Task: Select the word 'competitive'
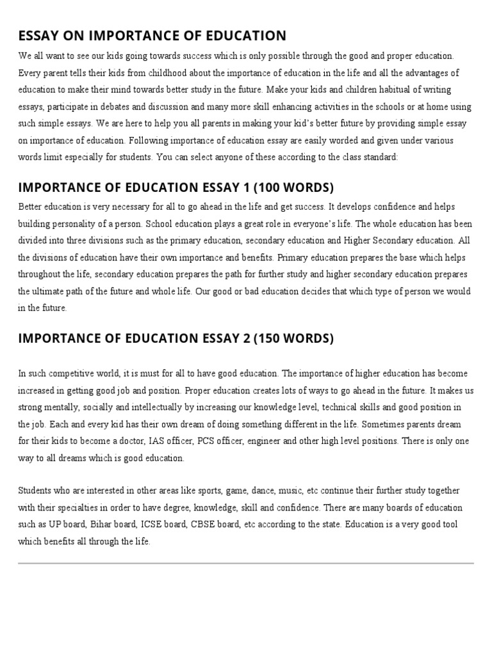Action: [x=70, y=374]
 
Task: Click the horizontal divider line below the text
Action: [x=246, y=564]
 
